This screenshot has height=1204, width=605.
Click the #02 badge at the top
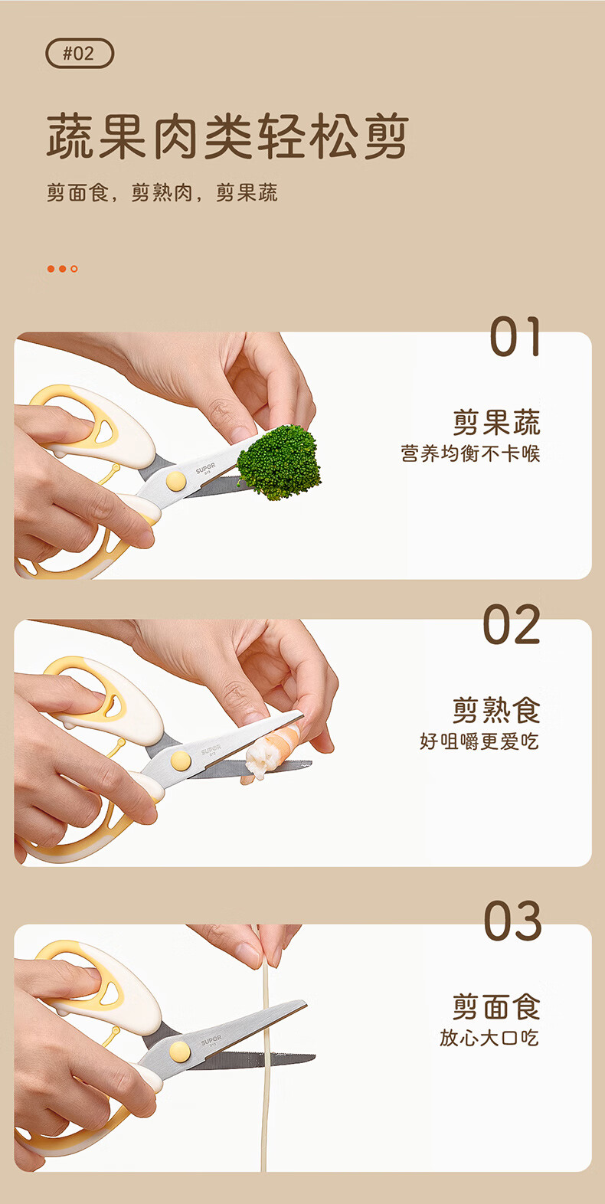(80, 53)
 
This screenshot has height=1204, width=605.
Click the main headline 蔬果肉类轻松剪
(227, 136)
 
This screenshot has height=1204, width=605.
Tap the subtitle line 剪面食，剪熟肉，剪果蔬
(162, 192)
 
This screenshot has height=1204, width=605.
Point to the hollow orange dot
(74, 269)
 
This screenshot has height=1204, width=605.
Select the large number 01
(515, 336)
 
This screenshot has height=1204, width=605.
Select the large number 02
(512, 624)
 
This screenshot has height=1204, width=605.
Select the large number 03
(512, 921)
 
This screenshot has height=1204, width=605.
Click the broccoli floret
(279, 462)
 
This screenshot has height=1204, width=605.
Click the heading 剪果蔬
(496, 423)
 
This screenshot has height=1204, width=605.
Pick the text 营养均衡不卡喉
(470, 453)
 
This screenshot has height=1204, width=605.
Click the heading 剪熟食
(496, 710)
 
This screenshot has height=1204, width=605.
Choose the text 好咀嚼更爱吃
(479, 741)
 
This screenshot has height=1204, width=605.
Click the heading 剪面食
(496, 1006)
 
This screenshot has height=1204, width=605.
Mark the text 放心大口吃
(489, 1038)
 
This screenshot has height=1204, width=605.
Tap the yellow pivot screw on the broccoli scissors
(175, 481)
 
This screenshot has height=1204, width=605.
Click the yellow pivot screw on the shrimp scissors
(181, 761)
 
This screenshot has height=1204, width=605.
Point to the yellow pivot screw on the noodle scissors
(179, 1052)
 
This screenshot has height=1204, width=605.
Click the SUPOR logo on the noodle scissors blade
(211, 1041)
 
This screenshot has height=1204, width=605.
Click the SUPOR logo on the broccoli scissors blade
(206, 468)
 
